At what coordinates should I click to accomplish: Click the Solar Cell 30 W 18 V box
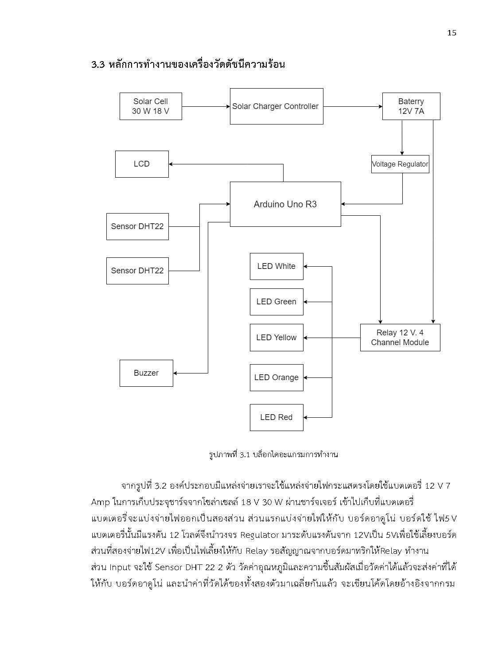[x=151, y=106]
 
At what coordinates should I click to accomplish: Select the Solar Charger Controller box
[x=276, y=106]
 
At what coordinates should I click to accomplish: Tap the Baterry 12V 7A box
[x=411, y=106]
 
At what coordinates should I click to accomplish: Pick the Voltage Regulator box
[x=400, y=164]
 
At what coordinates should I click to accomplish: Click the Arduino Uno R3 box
[x=285, y=204]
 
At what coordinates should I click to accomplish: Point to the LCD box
[x=142, y=164]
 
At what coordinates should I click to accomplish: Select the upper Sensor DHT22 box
[x=137, y=226]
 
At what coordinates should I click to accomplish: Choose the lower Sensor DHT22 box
[x=137, y=271]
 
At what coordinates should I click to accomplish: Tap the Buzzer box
[x=146, y=373]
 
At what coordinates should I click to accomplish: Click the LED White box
[x=276, y=266]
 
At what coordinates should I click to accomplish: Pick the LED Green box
[x=276, y=302]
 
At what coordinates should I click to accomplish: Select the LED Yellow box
[x=276, y=338]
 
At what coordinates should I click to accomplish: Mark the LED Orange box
[x=276, y=377]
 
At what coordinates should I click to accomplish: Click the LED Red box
[x=276, y=417]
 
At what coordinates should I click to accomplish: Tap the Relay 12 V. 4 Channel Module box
[x=400, y=338]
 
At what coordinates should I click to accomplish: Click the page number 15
[x=451, y=33]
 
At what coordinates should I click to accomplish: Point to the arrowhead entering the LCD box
[x=171, y=164]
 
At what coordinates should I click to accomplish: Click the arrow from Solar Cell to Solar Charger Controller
[x=206, y=106]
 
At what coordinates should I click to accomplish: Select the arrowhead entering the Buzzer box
[x=175, y=373]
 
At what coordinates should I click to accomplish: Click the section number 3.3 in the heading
[x=98, y=65]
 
